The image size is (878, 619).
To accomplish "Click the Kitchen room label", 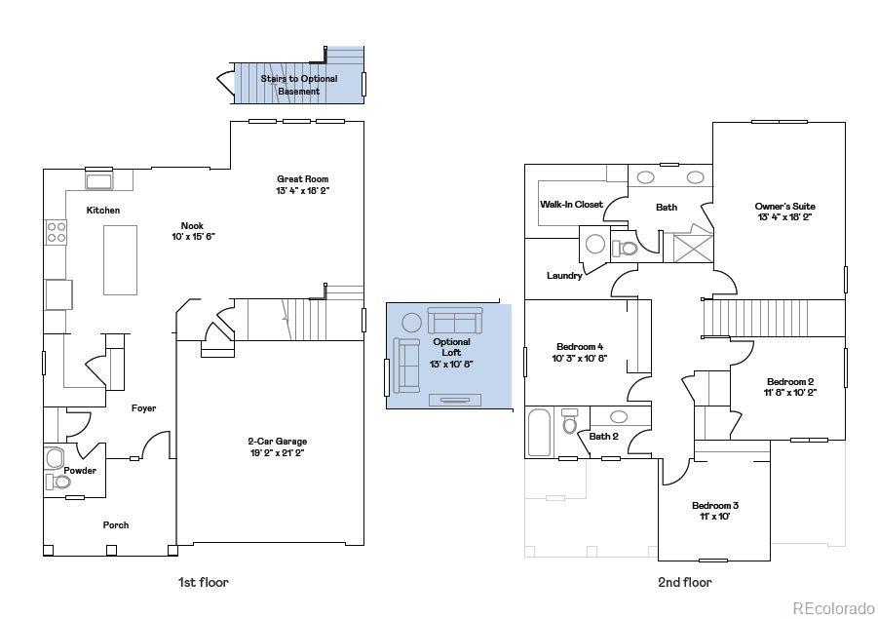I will [x=103, y=211].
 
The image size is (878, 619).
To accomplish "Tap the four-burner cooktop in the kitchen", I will [x=57, y=232].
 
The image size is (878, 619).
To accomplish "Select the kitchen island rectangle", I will [x=120, y=259].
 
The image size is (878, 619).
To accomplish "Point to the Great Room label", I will [x=303, y=179].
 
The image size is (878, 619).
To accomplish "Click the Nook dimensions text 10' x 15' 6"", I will [x=192, y=237].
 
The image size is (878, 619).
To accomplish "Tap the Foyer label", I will [x=144, y=408].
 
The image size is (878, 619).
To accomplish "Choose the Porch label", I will [x=116, y=525].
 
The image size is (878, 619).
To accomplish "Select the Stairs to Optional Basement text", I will [x=298, y=85].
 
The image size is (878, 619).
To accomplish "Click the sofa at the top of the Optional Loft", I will [x=454, y=321].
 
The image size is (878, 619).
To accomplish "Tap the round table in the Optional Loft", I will [x=411, y=322].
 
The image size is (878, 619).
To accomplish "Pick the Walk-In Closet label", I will [x=571, y=205].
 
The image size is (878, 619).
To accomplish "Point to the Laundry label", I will [x=564, y=276].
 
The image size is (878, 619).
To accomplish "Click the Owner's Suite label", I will [x=784, y=207].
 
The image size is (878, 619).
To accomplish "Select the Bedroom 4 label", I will [x=580, y=347].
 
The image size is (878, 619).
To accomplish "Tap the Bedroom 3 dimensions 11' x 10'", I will [x=714, y=517].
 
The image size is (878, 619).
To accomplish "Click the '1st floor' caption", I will [x=203, y=583].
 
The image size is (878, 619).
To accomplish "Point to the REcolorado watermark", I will [x=832, y=608].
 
